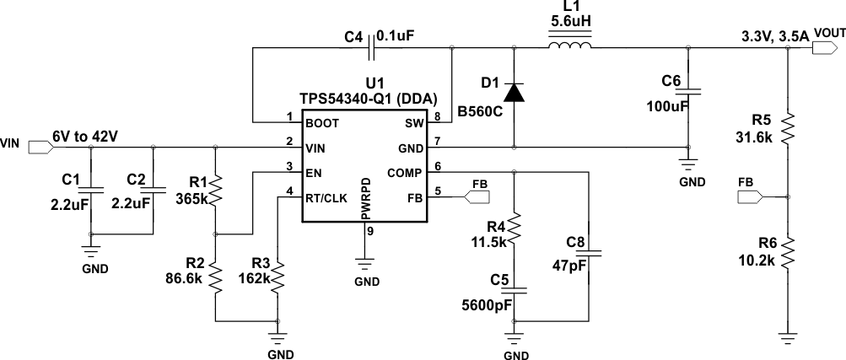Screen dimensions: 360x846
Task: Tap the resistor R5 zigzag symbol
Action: tap(786, 129)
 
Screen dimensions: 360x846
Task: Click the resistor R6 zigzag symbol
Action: tap(786, 252)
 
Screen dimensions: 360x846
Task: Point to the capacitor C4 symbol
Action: tap(372, 48)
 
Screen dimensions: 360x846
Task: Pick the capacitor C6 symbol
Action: tap(689, 89)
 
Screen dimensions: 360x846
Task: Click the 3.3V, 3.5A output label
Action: tap(774, 36)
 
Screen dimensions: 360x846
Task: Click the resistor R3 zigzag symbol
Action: tap(277, 277)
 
